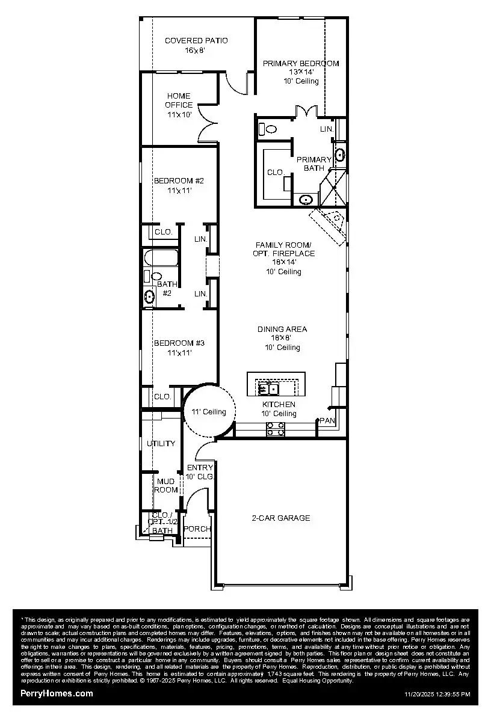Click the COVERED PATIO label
tap(196, 41)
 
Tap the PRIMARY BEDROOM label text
tap(300, 63)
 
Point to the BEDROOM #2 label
tap(179, 180)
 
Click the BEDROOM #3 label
tap(179, 343)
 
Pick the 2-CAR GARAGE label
tap(280, 518)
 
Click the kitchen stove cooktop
tap(276, 429)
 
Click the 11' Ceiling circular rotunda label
tap(209, 412)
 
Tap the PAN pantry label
tap(327, 420)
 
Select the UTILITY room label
tap(161, 444)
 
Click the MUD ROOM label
tap(167, 485)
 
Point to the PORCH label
tap(197, 529)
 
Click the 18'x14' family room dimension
tap(285, 262)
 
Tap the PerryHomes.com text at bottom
tap(57, 693)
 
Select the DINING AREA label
tap(282, 329)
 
